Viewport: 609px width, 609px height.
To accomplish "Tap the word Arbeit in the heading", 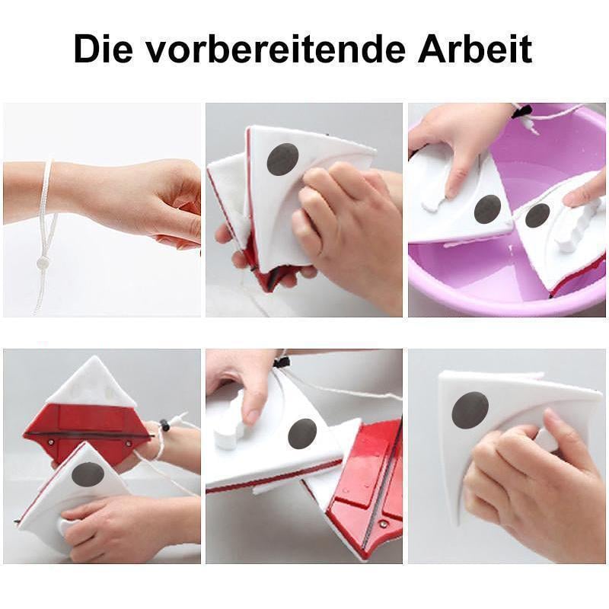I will (474, 49).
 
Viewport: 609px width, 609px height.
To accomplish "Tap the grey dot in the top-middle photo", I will (282, 159).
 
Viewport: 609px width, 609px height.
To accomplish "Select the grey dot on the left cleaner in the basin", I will (487, 209).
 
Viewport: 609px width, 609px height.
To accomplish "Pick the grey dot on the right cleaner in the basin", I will (537, 215).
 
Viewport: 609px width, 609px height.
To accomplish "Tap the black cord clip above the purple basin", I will (523, 112).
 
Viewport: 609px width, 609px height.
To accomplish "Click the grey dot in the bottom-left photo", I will (88, 474).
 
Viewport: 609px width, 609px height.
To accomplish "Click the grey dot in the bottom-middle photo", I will (302, 433).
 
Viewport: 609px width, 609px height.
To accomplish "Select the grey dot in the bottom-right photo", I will (470, 410).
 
